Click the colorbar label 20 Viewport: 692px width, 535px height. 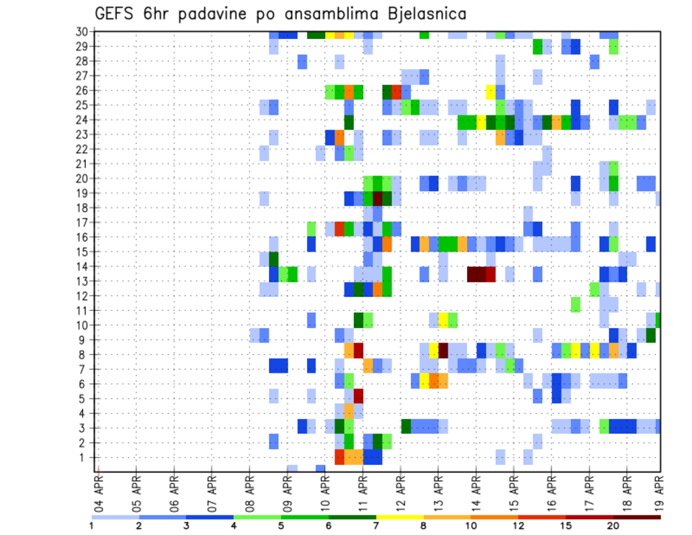click(x=614, y=526)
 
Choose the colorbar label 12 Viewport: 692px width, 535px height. click(x=519, y=526)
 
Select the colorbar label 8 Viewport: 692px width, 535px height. click(x=424, y=526)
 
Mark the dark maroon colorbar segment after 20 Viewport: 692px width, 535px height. click(x=637, y=517)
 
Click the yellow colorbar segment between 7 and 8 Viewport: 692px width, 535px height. click(x=400, y=517)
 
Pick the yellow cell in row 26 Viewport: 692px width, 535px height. click(x=491, y=91)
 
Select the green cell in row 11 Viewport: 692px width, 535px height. click(x=575, y=304)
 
